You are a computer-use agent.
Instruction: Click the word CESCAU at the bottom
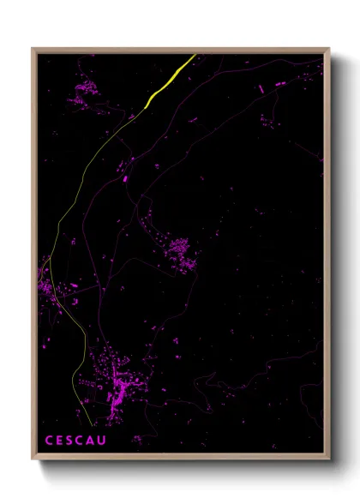tap(77, 441)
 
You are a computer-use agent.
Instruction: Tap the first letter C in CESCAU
tap(49, 441)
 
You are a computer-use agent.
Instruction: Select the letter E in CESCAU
tap(60, 441)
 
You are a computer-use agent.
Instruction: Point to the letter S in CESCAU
tap(71, 441)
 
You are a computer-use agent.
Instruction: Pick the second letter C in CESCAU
tap(82, 441)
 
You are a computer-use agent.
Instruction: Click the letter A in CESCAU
tap(93, 441)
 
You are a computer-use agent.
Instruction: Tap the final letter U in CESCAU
tap(105, 441)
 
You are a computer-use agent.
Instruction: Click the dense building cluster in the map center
tap(179, 252)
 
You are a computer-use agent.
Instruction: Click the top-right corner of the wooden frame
tap(328, 50)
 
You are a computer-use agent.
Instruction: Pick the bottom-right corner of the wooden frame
tap(328, 459)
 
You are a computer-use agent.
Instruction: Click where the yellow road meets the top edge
tap(195, 56)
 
